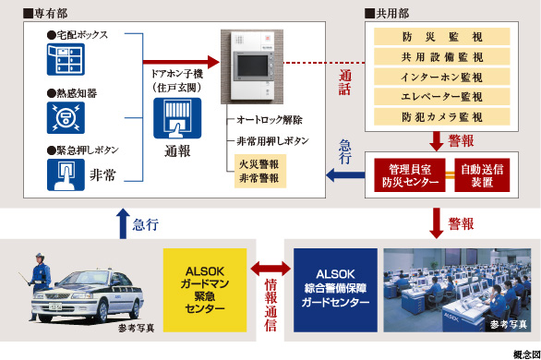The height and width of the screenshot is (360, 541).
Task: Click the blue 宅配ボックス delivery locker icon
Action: (66, 59)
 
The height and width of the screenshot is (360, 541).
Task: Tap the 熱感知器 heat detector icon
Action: (66, 118)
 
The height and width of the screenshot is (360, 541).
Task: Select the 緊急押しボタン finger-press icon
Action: (66, 174)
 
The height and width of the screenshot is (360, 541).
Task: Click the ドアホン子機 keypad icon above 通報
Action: (177, 118)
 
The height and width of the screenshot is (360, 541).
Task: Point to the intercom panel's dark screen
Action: (253, 66)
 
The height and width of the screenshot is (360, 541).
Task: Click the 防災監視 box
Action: (441, 37)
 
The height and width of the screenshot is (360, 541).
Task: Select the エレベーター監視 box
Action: (441, 97)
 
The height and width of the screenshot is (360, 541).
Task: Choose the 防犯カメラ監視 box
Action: (441, 117)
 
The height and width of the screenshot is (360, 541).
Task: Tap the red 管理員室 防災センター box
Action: (410, 175)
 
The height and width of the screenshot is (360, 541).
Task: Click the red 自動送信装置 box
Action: (482, 175)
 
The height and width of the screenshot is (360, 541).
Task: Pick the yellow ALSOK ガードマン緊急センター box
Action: (205, 290)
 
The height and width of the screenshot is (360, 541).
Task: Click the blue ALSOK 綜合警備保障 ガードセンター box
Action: (335, 290)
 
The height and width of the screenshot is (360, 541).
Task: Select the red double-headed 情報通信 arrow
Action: (270, 269)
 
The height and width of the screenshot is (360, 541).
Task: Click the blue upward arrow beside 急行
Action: (123, 223)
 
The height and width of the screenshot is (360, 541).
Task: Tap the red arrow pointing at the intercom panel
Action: (181, 62)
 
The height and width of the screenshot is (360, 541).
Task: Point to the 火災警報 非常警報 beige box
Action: (260, 171)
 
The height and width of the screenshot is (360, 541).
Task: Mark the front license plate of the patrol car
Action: (55, 306)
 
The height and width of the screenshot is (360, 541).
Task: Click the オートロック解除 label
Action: (270, 120)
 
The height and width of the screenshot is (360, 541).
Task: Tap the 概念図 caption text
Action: (527, 354)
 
